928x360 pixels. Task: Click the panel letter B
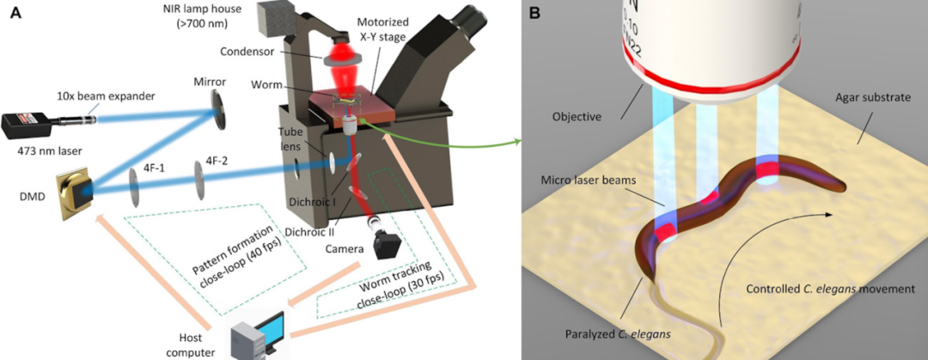[534, 14]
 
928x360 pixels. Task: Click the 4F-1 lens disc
[136, 185]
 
